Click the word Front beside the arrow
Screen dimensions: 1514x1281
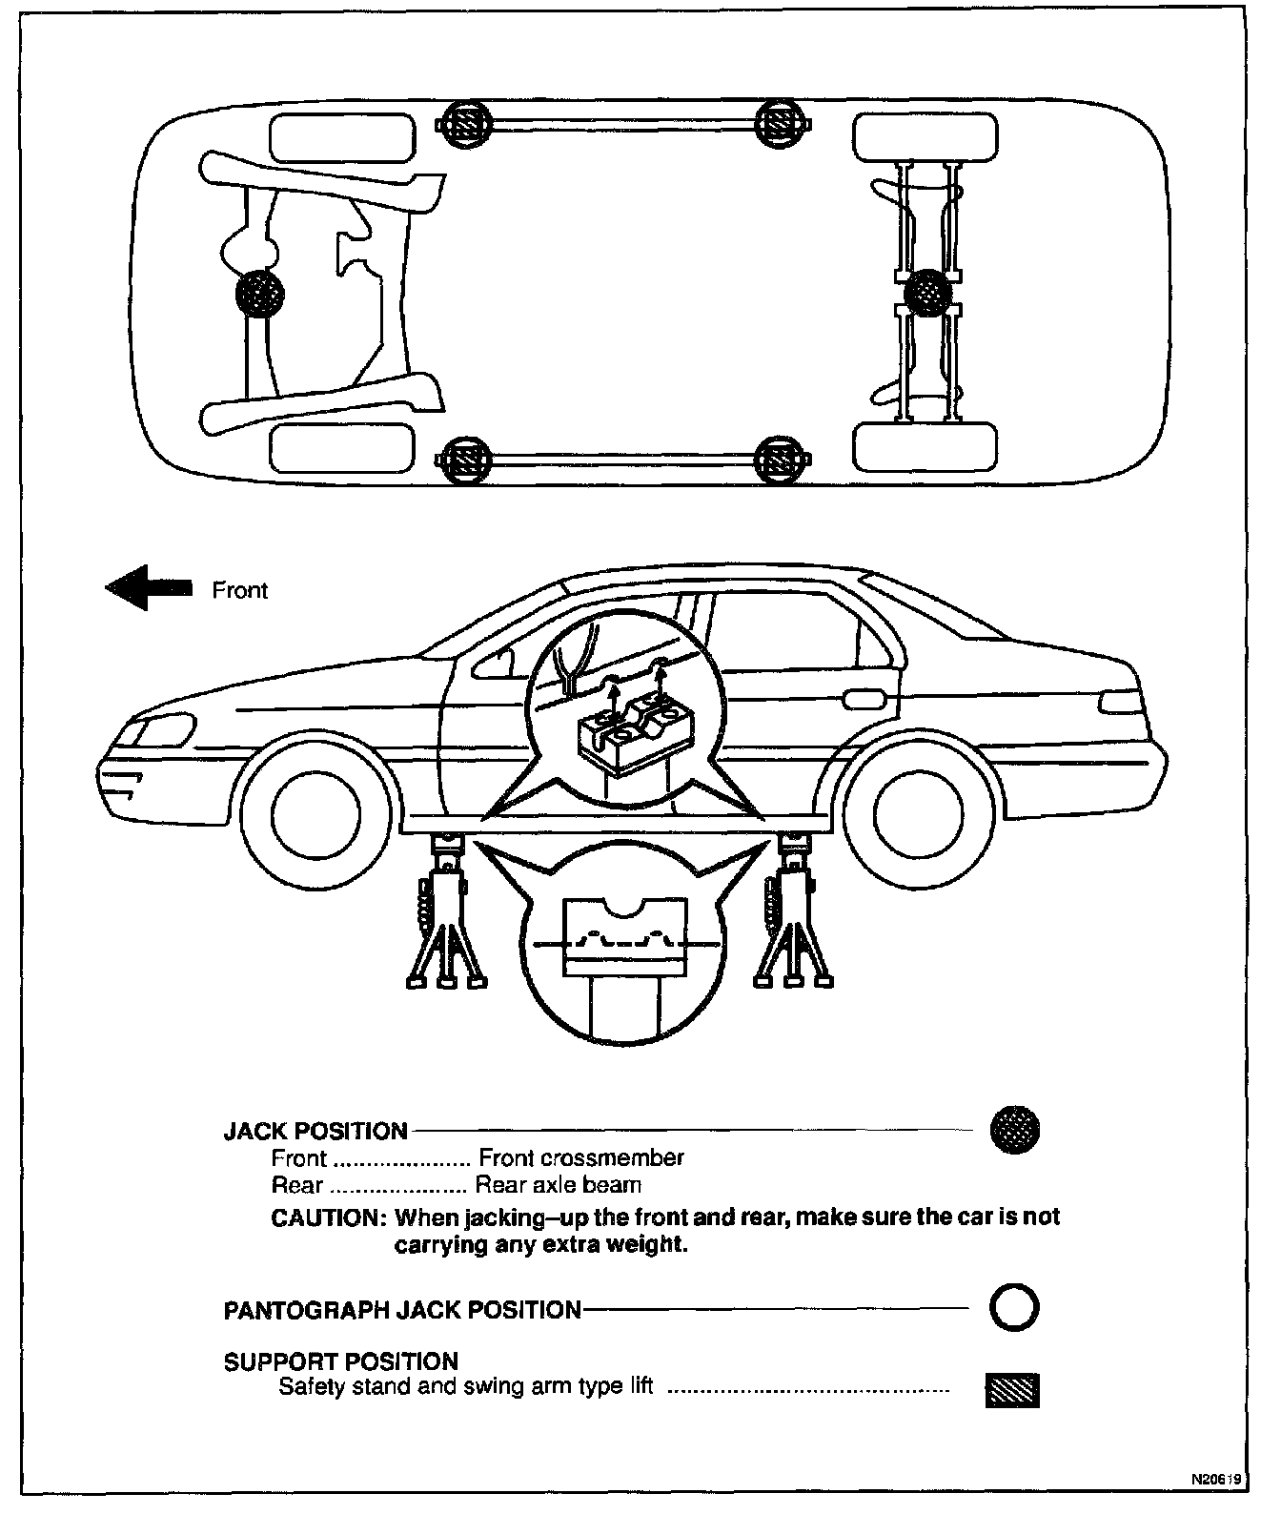[x=239, y=590]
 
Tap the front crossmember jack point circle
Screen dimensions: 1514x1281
[x=259, y=292]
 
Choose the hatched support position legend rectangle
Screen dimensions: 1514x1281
[x=1012, y=1391]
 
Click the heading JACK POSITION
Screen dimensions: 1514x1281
[x=315, y=1132]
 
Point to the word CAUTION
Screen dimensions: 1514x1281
[x=326, y=1217]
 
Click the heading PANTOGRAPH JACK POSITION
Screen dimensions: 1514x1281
[x=402, y=1310]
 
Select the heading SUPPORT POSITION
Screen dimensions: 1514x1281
[x=340, y=1361]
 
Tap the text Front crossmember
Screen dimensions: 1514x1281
[x=581, y=1158]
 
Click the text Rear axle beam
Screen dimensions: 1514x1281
[x=558, y=1185]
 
